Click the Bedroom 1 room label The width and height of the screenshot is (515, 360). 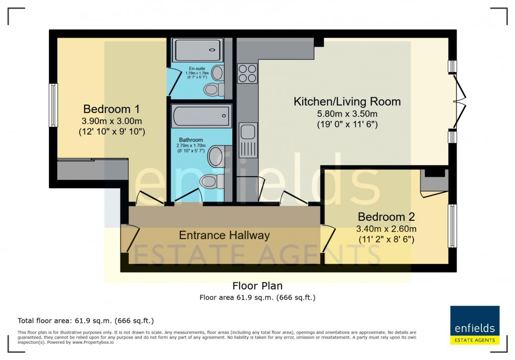(111, 109)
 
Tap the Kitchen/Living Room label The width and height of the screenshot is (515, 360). (347, 101)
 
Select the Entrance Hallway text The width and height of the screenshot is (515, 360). (224, 235)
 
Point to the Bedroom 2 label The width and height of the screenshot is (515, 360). (386, 217)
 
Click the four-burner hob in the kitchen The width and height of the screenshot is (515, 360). (247, 73)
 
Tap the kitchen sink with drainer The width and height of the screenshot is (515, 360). (248, 140)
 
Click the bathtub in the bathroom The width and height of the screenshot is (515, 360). (201, 115)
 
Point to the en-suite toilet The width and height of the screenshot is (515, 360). (213, 90)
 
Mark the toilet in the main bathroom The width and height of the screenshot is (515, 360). (209, 182)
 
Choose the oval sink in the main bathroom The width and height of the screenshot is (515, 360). (215, 156)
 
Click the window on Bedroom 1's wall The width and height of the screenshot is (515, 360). (53, 105)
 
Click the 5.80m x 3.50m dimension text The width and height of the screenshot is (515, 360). (347, 114)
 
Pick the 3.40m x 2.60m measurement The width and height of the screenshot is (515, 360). (386, 229)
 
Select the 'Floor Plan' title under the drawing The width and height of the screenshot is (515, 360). (257, 286)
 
